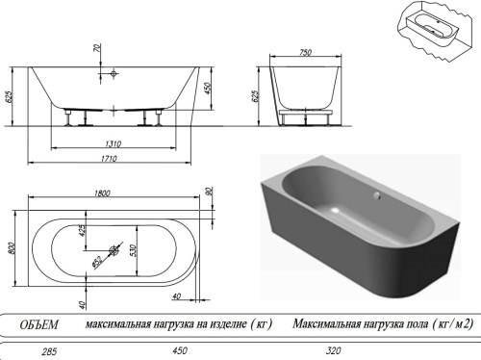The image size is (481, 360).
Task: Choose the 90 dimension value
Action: click(209, 192)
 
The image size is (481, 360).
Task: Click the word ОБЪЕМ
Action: click(40, 324)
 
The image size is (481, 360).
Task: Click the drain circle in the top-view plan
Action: click(114, 252)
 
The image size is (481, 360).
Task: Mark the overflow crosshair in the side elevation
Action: click(114, 73)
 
